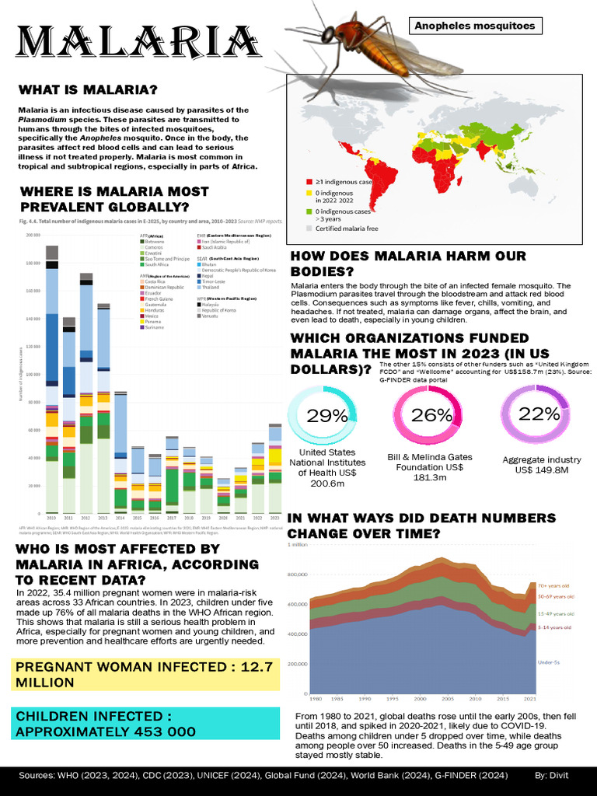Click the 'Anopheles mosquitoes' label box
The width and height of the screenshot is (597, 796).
tap(475, 26)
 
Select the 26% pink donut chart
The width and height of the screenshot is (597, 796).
tap(427, 416)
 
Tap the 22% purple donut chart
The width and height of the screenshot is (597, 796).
tap(535, 414)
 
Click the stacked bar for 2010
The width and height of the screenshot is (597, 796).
tap(52, 381)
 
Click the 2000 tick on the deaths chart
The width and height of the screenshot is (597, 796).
tap(420, 698)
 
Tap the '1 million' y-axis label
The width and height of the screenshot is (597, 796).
tap(300, 545)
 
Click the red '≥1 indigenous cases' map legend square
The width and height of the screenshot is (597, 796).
tap(309, 181)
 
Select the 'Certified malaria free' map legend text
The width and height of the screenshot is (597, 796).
tap(347, 228)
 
